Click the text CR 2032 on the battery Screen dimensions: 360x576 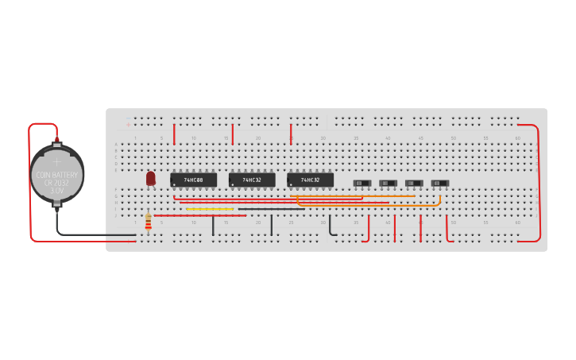56,183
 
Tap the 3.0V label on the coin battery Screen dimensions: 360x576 56,192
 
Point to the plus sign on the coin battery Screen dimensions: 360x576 56,161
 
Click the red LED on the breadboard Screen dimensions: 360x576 151,179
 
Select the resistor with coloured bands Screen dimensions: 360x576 149,223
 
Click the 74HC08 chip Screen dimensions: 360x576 194,180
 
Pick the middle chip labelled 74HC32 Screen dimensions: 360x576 252,180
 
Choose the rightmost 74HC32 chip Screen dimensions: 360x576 311,180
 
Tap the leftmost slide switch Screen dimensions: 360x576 361,184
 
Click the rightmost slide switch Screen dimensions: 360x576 439,184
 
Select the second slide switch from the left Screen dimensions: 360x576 388,184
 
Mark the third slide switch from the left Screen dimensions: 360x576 414,184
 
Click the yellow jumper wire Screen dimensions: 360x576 210,209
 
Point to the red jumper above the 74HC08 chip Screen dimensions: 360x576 174,134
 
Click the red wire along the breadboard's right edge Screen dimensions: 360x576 539,183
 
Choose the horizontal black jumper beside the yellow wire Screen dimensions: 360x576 270,209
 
